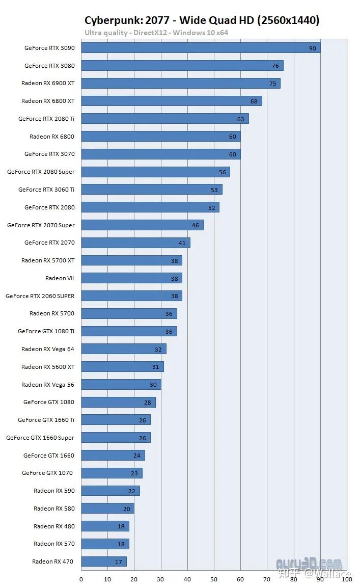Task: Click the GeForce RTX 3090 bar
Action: [201, 48]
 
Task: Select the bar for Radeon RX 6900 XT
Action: [181, 83]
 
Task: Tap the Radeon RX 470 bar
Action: [104, 562]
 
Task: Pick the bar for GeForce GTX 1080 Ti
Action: [129, 331]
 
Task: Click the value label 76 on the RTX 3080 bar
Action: [275, 66]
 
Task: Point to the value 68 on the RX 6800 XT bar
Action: [254, 101]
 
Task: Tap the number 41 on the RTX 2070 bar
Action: [182, 243]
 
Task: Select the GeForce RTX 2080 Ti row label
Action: [46, 119]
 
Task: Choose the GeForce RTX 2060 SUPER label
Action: [40, 296]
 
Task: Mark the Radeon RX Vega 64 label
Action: [48, 349]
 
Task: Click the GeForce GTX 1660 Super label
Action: [40, 438]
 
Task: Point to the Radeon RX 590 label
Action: [54, 491]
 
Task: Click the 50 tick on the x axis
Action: [214, 579]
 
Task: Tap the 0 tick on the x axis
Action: [81, 579]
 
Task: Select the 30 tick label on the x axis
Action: [161, 579]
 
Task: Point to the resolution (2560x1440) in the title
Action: [288, 20]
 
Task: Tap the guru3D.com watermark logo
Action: [309, 564]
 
